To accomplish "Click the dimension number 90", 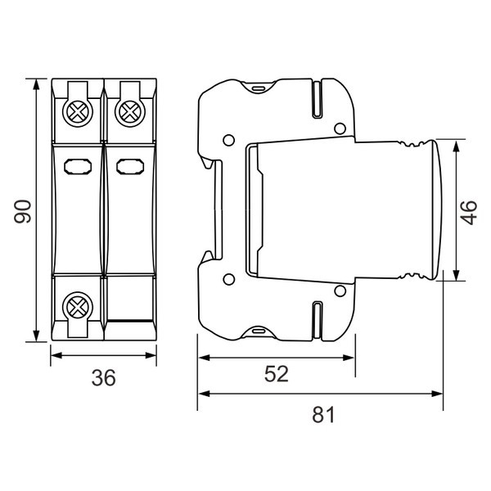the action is [23, 211].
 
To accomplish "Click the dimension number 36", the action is [103, 377].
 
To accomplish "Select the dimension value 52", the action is [277, 374].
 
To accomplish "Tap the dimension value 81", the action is [323, 415].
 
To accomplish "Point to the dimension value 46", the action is [468, 213].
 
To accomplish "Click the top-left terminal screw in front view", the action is [78, 112].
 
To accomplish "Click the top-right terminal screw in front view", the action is [130, 112].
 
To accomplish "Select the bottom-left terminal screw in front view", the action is [78, 307].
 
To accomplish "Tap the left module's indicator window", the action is [78, 167].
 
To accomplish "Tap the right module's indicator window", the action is [130, 167].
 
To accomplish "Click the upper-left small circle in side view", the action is [228, 140].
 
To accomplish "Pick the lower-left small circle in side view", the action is [228, 279].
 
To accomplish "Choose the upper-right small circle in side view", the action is [340, 128].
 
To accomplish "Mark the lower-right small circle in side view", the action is [340, 291].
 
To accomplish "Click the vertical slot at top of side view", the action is [318, 99].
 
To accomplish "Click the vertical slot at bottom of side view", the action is [318, 320].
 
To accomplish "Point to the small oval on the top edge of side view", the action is [258, 88].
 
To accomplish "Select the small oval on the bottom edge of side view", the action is [258, 331].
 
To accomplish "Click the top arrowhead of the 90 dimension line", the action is [36, 85].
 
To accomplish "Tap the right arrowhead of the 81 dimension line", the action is [437, 394].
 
